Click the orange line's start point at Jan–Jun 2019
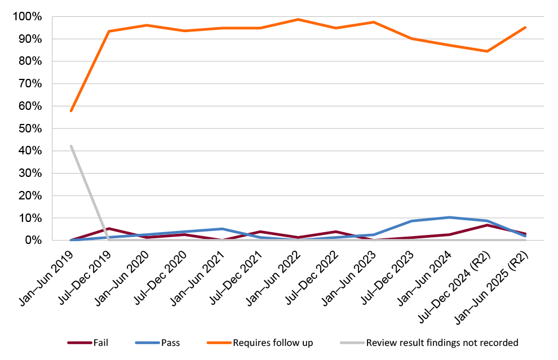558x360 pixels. (x=71, y=110)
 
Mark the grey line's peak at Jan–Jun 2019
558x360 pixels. (x=71, y=146)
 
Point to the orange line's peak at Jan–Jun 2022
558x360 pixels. (x=298, y=20)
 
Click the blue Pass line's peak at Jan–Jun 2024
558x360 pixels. (x=449, y=217)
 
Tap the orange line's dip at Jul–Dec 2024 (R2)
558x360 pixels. (x=487, y=51)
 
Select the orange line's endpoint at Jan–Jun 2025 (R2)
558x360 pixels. (x=525, y=28)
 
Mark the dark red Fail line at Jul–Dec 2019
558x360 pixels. (x=109, y=229)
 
